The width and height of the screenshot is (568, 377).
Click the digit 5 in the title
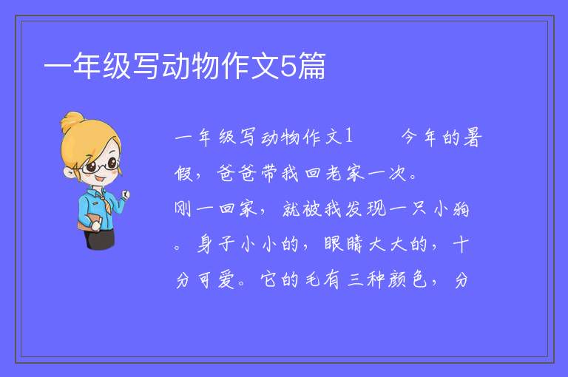pyautogui.click(x=288, y=67)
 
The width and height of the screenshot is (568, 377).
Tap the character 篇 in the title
pyautogui.click(x=311, y=66)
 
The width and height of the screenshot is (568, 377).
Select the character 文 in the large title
pyautogui.click(x=266, y=66)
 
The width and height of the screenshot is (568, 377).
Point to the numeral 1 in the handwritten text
pyautogui.click(x=349, y=136)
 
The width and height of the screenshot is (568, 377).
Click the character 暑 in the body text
pyautogui.click(x=473, y=137)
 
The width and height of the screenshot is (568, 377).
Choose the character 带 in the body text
pyautogui.click(x=268, y=174)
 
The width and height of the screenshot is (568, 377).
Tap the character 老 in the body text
pyautogui.click(x=334, y=174)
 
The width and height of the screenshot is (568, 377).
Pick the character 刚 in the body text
pyautogui.click(x=183, y=209)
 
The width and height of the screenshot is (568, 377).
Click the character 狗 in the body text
pyautogui.click(x=461, y=209)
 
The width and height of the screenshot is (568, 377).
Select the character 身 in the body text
pyautogui.click(x=206, y=245)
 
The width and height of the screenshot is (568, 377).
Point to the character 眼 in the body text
pyautogui.click(x=333, y=245)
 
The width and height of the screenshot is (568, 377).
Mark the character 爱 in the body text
pyautogui.click(x=226, y=280)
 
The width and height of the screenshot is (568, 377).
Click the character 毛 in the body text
pyautogui.click(x=312, y=280)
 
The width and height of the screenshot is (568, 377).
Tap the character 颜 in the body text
pyautogui.click(x=397, y=280)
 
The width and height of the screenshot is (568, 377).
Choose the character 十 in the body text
pyautogui.click(x=461, y=245)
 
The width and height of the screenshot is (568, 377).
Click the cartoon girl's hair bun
pyautogui.click(x=72, y=120)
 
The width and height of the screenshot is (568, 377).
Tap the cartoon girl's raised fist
pyautogui.click(x=125, y=195)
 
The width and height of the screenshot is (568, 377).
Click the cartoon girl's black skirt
pyautogui.click(x=100, y=239)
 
